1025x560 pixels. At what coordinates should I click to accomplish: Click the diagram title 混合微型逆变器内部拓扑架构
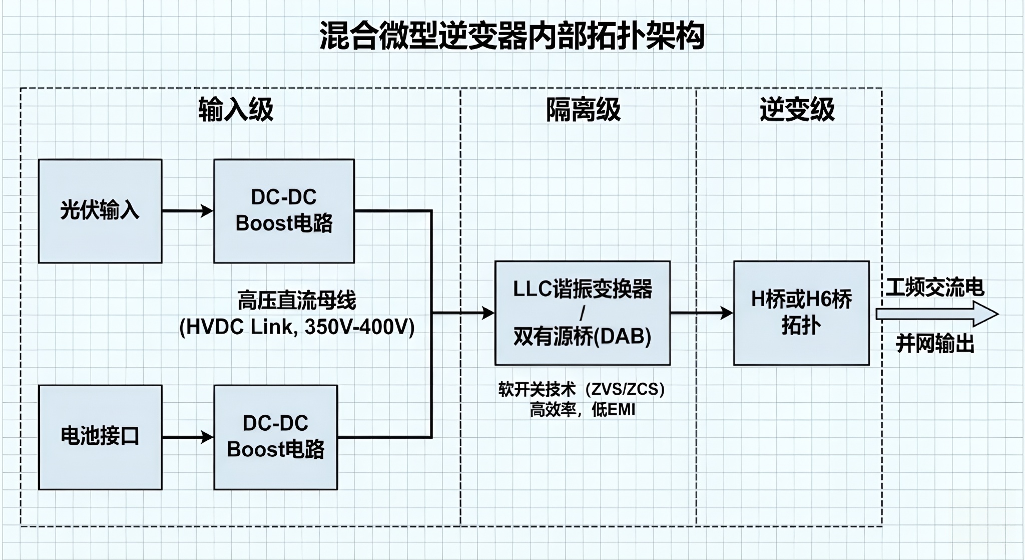tap(512, 36)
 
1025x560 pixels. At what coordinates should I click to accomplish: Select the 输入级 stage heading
tap(236, 109)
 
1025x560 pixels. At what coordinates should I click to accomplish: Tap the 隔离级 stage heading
tap(583, 109)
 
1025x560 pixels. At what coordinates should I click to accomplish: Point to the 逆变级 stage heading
tap(797, 109)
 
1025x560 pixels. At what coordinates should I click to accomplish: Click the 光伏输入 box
tap(100, 211)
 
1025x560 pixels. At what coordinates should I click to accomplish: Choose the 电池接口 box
tap(100, 437)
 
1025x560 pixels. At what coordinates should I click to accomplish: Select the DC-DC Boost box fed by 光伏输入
tap(284, 211)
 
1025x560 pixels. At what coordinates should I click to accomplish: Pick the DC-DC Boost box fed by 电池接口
tap(276, 437)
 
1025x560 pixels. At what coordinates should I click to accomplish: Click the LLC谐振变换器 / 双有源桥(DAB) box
tap(583, 313)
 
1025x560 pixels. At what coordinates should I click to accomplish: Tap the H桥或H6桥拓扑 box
tap(801, 313)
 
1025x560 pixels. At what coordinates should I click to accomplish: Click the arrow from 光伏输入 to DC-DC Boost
tap(188, 211)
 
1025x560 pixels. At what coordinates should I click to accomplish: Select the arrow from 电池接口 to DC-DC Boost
tap(188, 437)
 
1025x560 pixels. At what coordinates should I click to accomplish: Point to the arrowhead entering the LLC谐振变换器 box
tap(488, 313)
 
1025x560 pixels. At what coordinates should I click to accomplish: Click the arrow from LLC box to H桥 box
tap(702, 313)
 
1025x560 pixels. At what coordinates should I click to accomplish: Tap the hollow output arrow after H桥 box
tap(937, 314)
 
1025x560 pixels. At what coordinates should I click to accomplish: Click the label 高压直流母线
tap(297, 301)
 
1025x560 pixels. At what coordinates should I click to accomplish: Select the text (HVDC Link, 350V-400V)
tap(297, 327)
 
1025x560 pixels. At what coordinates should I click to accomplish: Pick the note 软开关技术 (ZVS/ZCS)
tap(582, 389)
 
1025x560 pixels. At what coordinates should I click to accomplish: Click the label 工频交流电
tap(935, 288)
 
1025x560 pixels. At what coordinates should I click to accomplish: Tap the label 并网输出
tap(935, 344)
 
